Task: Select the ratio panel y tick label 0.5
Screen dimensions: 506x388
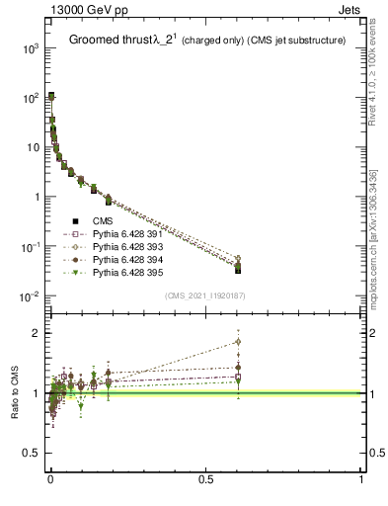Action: tap(32, 454)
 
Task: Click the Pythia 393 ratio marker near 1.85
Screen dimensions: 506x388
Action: tap(238, 342)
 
